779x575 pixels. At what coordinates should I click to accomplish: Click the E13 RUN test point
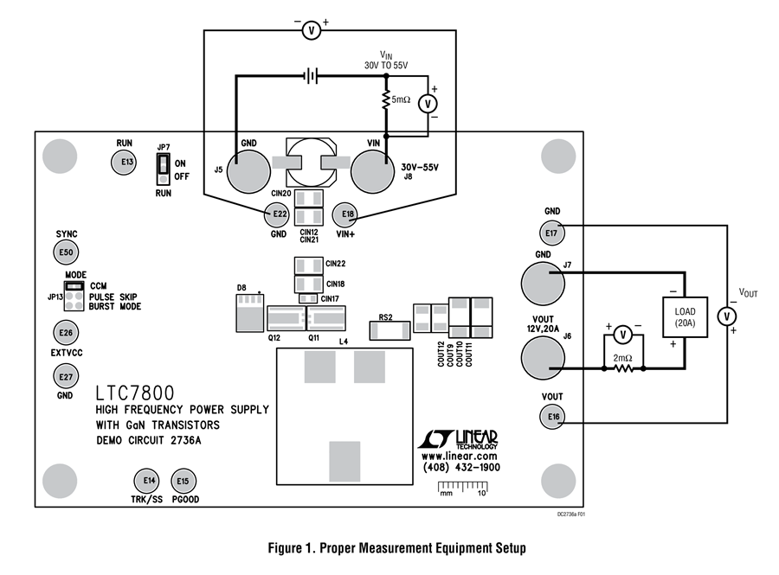[123, 162]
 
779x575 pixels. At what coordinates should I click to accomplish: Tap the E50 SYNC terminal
[66, 252]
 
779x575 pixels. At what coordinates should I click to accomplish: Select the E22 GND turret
[278, 214]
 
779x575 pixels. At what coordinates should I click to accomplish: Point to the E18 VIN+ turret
[346, 214]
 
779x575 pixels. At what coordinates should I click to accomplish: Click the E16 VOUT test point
[552, 417]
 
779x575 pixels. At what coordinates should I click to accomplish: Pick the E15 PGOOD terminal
[183, 481]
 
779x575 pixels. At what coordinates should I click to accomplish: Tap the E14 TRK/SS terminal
[147, 480]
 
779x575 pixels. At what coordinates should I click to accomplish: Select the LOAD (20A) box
[686, 317]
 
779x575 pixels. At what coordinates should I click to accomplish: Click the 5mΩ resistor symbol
[386, 99]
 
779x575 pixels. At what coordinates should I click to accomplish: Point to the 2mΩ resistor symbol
[623, 368]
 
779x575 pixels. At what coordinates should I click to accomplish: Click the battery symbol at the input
[311, 76]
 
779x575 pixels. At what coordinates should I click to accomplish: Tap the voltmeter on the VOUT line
[727, 316]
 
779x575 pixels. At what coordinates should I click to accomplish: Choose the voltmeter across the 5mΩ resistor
[428, 104]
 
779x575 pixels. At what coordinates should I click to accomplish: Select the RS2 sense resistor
[390, 330]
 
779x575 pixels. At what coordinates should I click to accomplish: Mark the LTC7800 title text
[135, 393]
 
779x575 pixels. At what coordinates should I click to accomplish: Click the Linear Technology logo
[458, 438]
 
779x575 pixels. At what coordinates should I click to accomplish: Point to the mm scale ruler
[462, 488]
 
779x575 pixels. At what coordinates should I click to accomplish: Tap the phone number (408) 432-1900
[461, 467]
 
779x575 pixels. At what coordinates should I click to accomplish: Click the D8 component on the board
[249, 312]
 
